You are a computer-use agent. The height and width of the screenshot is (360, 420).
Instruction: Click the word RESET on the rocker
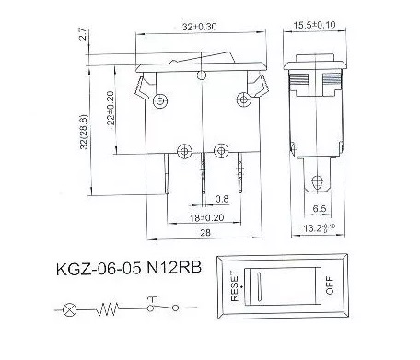pyautogui.click(x=238, y=285)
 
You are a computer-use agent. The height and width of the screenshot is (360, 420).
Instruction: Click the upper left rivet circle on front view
pyautogui.click(x=162, y=99)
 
